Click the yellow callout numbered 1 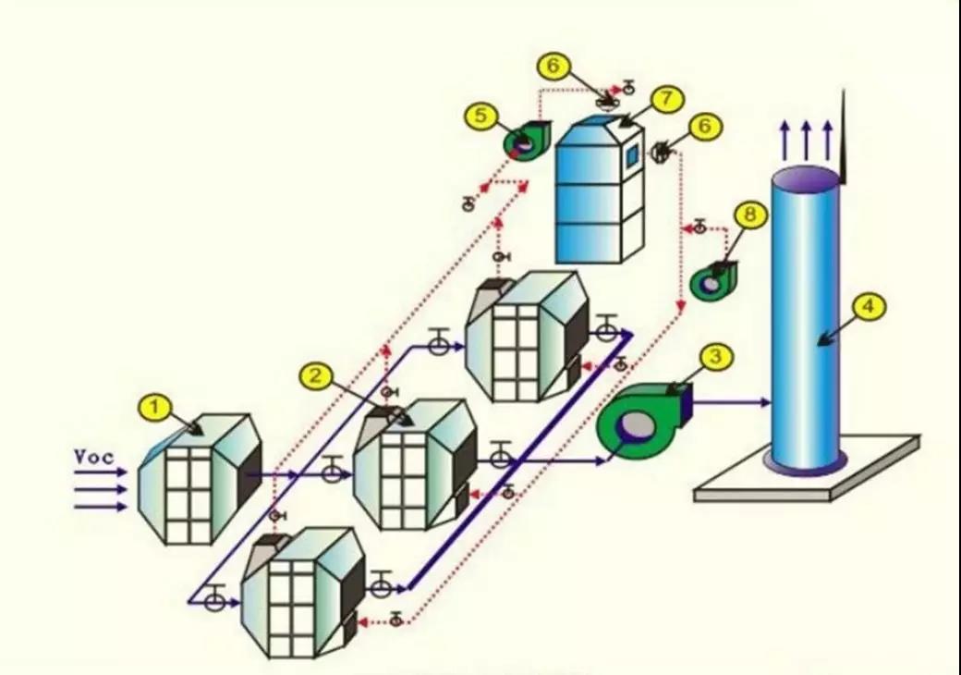click(155, 408)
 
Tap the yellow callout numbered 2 click(316, 375)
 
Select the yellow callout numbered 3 click(716, 358)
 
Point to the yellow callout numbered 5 click(480, 116)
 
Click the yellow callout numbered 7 click(667, 99)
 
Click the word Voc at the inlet click(93, 458)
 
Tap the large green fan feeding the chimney click(643, 421)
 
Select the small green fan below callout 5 click(527, 141)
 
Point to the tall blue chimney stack click(805, 319)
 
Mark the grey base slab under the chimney click(808, 469)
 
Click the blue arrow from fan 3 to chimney click(732, 403)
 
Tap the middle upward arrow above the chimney click(806, 141)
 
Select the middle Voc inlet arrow click(101, 490)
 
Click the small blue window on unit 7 click(632, 155)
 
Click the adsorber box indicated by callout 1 click(200, 479)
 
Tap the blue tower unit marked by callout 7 click(599, 190)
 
